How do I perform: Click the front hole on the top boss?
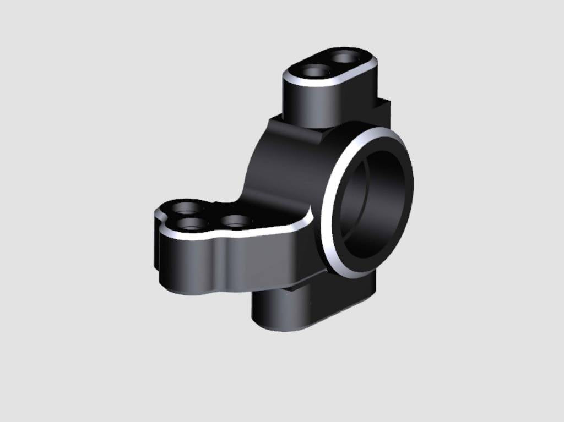point(313,71)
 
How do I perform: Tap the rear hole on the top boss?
point(345,57)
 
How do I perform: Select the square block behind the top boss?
point(383,110)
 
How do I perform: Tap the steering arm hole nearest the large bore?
point(237,222)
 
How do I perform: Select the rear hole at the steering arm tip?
point(188,210)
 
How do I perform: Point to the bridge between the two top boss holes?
point(329,64)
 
